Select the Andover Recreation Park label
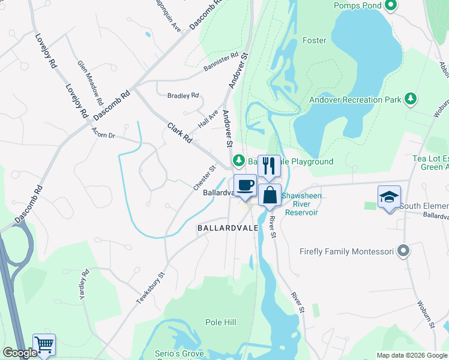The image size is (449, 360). [x=355, y=100]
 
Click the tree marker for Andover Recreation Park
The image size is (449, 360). [x=411, y=98]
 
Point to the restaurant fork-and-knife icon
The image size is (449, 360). [x=269, y=165]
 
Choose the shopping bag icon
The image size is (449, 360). [x=270, y=194]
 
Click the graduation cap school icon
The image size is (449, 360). [x=389, y=196]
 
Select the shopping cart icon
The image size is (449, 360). [x=44, y=344]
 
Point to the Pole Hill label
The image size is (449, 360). [x=220, y=322]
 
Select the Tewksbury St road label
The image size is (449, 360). [x=151, y=289]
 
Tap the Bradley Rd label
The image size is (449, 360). [x=183, y=96]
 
